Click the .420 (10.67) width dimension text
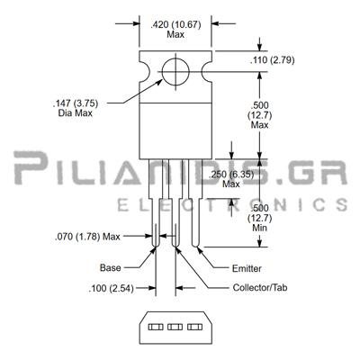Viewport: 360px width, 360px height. pyautogui.click(x=175, y=24)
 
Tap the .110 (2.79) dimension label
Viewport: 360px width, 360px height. pyautogui.click(x=272, y=60)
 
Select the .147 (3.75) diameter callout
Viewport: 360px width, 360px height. pyautogui.click(x=76, y=103)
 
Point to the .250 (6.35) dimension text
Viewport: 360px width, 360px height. pyautogui.click(x=231, y=175)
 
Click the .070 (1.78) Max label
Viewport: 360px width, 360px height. pyautogui.click(x=87, y=237)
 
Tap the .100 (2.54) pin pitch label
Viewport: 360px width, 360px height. pyautogui.click(x=111, y=288)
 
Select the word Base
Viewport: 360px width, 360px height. pyautogui.click(x=111, y=267)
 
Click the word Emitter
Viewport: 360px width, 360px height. pyautogui.click(x=247, y=268)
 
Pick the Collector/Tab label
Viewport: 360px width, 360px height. pyautogui.click(x=260, y=288)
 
